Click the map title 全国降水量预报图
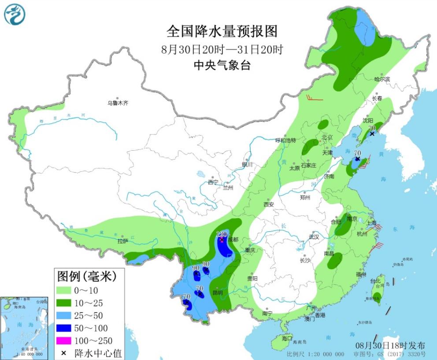click(222, 31)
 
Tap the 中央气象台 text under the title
click(222, 66)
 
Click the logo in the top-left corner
click(15, 14)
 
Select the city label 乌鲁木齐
click(118, 103)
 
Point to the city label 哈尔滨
click(382, 79)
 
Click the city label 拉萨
click(122, 241)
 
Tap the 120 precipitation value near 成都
click(222, 234)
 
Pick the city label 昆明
click(218, 293)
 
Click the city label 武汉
click(314, 237)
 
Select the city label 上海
click(371, 223)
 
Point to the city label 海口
click(287, 338)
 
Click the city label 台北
click(375, 281)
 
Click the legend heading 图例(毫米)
click(86, 277)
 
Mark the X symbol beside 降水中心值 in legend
click(64, 353)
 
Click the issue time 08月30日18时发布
click(390, 345)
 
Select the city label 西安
click(269, 204)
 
